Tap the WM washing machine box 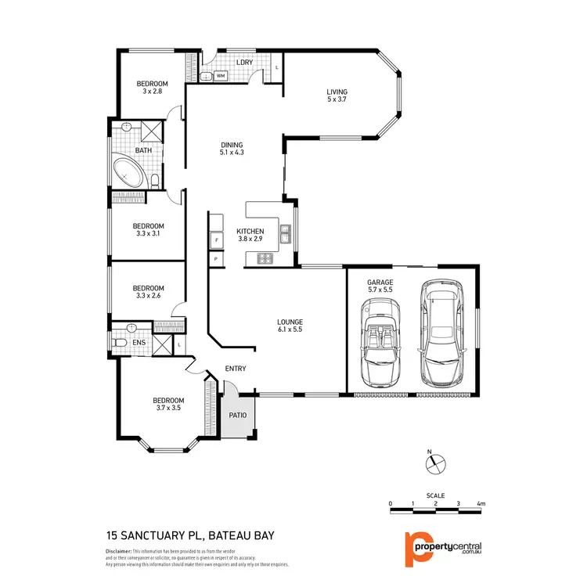click(x=221, y=76)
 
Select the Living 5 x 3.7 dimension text click(x=337, y=100)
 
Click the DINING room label click(x=232, y=145)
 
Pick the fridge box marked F click(x=216, y=239)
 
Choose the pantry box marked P click(x=215, y=258)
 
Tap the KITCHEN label click(x=250, y=232)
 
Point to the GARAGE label click(x=380, y=282)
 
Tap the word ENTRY click(x=236, y=369)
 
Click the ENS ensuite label click(x=138, y=342)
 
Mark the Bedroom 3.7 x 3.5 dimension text click(x=168, y=408)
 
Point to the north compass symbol click(x=434, y=463)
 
